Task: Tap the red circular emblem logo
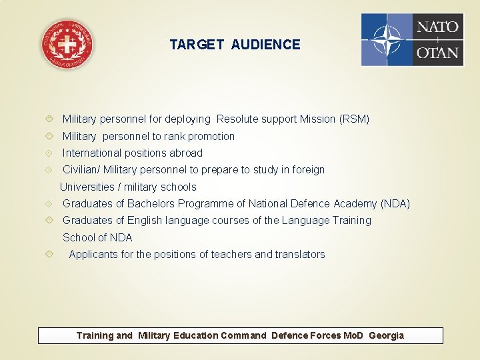[x=67, y=44]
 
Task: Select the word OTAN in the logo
[x=438, y=52]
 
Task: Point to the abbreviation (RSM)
[x=354, y=119]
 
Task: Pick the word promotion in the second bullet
[x=211, y=136]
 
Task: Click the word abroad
[x=186, y=153]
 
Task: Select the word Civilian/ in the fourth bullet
[x=81, y=170]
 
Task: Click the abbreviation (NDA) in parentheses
[x=395, y=203]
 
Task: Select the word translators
[x=300, y=254]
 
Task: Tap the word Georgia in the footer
[x=386, y=335]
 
